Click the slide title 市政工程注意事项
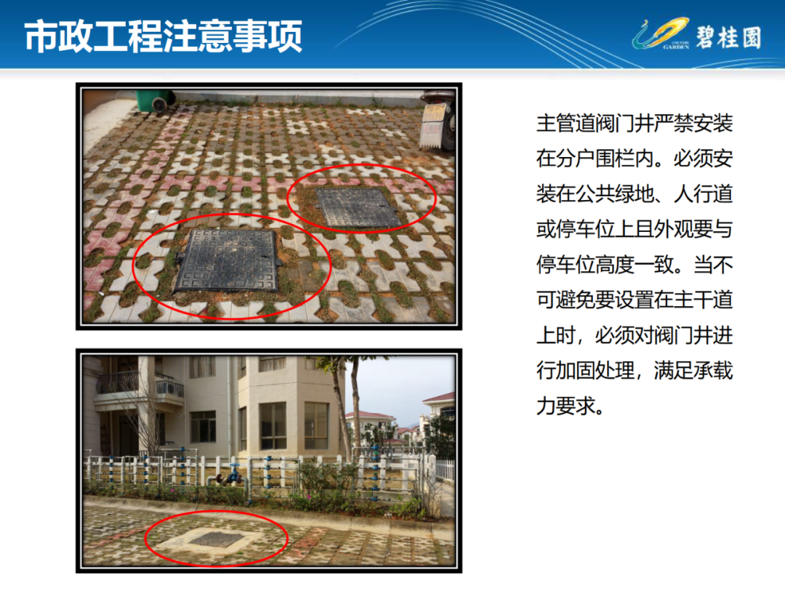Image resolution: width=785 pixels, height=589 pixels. (x=164, y=36)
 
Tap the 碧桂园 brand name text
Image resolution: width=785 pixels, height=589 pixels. (x=728, y=38)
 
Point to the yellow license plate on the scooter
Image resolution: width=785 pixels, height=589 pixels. (x=433, y=113)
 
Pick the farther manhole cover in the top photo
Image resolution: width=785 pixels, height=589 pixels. (x=358, y=207)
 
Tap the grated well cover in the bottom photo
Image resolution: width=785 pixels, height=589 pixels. (x=217, y=539)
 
